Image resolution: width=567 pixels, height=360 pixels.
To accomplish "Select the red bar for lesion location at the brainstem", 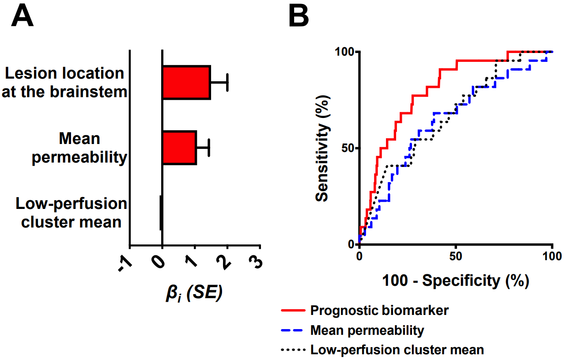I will point(186,83).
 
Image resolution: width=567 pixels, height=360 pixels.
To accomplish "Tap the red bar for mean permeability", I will point(179,148).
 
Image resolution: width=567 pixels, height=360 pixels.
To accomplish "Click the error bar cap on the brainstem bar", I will point(227,83).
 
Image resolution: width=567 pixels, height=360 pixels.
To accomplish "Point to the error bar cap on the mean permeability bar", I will point(208,148).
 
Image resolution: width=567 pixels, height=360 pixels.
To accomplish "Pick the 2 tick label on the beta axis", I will point(226,260).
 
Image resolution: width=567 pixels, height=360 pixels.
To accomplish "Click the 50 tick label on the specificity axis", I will point(456,257).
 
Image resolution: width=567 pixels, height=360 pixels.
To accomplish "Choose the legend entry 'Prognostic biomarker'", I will point(379,310).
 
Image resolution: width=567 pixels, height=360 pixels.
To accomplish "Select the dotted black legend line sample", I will point(293,350).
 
